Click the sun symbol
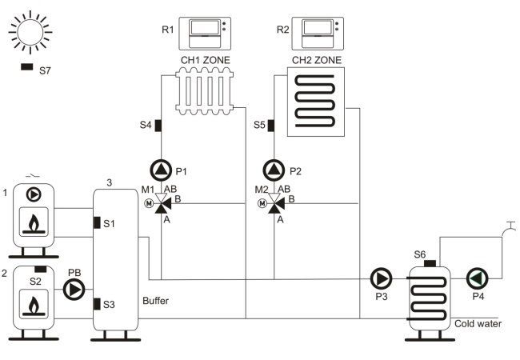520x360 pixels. click(x=30, y=32)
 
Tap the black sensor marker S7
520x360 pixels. click(x=27, y=66)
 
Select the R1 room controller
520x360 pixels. click(x=205, y=34)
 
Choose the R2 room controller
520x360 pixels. click(x=318, y=34)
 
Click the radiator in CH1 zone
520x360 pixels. click(x=205, y=91)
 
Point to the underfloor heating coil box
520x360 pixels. click(x=316, y=102)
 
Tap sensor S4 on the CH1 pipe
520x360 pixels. click(x=158, y=126)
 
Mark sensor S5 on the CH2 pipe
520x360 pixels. click(x=271, y=126)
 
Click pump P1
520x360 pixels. click(x=161, y=170)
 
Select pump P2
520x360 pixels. click(x=274, y=170)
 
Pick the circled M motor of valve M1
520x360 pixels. click(x=149, y=203)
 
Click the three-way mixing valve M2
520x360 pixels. click(x=275, y=203)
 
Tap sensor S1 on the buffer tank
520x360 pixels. click(x=97, y=222)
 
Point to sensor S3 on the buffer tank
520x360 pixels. click(x=97, y=304)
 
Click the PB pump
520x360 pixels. click(x=74, y=290)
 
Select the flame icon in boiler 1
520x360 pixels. click(x=34, y=223)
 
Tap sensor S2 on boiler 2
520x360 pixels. click(x=41, y=269)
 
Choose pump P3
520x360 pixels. click(x=381, y=278)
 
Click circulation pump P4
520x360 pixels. click(x=478, y=278)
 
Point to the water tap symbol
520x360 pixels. click(x=509, y=229)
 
